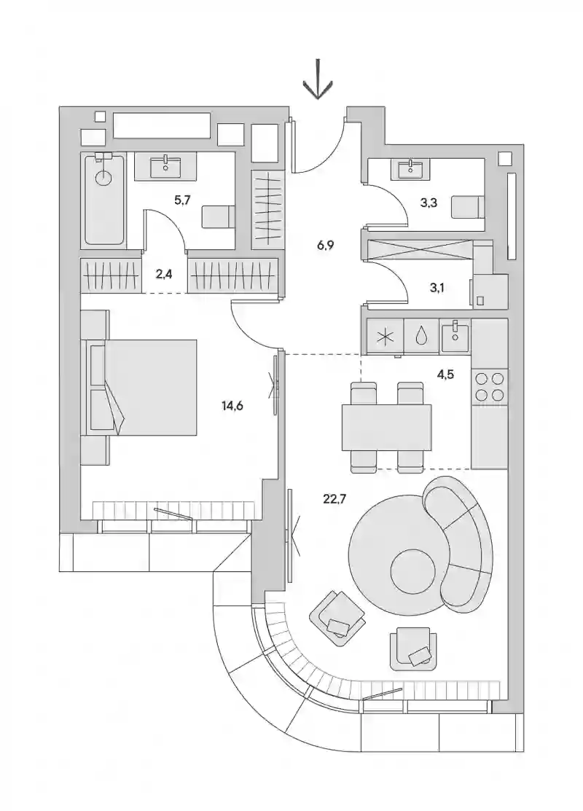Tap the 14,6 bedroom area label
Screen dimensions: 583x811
tap(232, 406)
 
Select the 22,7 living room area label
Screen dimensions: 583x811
tap(334, 499)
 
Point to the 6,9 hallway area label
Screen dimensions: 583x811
tap(325, 245)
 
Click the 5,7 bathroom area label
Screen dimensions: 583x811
tap(183, 200)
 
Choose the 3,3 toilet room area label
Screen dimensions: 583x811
tap(429, 203)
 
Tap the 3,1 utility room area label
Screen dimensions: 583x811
tap(437, 288)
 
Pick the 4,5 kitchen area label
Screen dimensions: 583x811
tap(445, 374)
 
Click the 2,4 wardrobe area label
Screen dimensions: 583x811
tap(164, 274)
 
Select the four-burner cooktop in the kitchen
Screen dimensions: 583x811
tap(490, 388)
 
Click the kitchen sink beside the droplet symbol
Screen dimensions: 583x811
tap(455, 336)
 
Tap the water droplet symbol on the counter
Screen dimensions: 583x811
tap(422, 337)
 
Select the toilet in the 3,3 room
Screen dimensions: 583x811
tap(467, 207)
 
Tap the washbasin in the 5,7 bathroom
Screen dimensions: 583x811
tap(165, 167)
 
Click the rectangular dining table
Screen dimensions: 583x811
tap(386, 427)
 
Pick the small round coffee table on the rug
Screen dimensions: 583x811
tap(412, 571)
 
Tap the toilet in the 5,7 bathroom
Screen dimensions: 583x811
tap(217, 216)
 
